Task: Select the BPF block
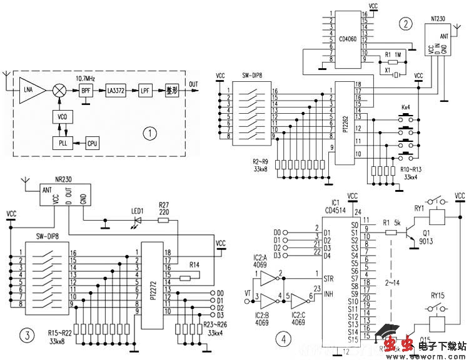[86, 90]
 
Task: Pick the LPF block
[145, 90]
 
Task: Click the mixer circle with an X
[59, 89]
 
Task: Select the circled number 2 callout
[407, 24]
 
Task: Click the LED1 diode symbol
[136, 219]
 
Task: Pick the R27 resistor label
[164, 204]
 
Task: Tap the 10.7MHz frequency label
[86, 79]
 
